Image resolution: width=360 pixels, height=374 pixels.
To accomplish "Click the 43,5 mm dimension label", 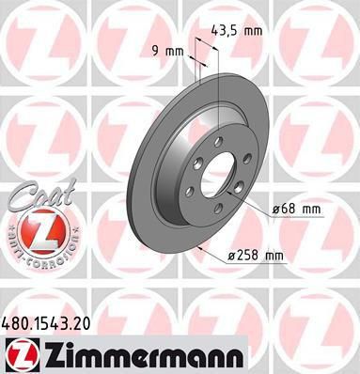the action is pos(237,31).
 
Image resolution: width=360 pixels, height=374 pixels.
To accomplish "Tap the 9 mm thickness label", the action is pos(168,51).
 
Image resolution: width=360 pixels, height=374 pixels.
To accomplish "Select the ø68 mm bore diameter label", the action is pos(296,209).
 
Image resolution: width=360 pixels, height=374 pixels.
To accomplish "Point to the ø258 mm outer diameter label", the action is pos(256,256).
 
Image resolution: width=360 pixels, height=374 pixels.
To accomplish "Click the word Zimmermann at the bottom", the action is pos(143,355).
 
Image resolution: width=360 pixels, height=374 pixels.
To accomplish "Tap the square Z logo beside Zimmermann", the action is pos(22,355).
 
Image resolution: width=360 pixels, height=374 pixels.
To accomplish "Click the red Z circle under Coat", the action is pos(39,232).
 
